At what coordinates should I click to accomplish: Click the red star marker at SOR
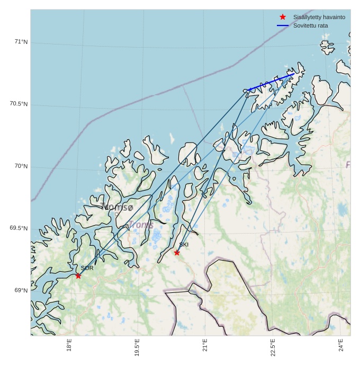pos(78,275)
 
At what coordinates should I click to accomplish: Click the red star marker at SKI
pos(177,253)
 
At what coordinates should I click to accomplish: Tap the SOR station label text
pos(87,268)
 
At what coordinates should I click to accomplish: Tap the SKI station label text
pos(184,245)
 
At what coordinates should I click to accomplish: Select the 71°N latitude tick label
pos(21,42)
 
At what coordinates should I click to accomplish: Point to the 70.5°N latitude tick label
pos(19,104)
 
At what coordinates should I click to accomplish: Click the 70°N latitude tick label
pos(21,166)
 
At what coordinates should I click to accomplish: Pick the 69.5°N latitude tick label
pos(19,228)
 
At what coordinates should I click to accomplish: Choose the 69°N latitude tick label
pos(21,291)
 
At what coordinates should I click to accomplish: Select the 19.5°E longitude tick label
pos(137,347)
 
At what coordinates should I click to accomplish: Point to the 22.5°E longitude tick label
pos(273,347)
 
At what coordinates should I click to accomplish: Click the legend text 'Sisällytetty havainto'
pos(319,17)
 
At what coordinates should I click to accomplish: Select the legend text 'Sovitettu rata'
pos(311,25)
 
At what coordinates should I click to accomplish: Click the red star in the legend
pos(283,17)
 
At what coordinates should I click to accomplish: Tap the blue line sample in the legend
pos(283,25)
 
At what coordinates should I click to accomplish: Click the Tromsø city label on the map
pos(117,207)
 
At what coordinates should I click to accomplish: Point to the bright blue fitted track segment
pos(271,82)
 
